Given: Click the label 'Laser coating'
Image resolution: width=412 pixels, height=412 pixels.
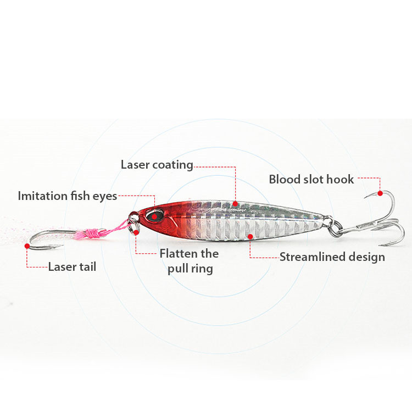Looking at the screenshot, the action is click(157, 165).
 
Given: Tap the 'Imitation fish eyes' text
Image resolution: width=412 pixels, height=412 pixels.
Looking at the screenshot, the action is click(68, 196).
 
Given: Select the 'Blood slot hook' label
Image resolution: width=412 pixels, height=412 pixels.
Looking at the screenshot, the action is click(311, 180).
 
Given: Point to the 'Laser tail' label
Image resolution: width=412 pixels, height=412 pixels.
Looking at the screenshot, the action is click(72, 267).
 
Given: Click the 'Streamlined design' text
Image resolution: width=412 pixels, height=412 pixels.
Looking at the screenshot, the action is click(332, 257).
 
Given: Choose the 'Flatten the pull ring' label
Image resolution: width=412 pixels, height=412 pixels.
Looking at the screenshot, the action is click(189, 261).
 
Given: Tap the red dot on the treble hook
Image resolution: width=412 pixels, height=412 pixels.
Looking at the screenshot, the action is click(380, 193).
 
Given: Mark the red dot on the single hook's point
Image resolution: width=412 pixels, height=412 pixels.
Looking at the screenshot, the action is click(27, 246).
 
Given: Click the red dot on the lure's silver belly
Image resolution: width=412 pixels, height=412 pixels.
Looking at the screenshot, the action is click(250, 237).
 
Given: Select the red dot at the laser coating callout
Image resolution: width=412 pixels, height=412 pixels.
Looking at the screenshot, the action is click(235, 204).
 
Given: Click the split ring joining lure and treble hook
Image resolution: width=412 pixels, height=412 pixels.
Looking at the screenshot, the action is click(336, 228).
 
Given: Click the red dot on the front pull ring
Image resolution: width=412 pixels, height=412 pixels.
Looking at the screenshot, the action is click(136, 232).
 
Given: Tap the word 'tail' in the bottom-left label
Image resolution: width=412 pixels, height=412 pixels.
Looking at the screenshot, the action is click(88, 267).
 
